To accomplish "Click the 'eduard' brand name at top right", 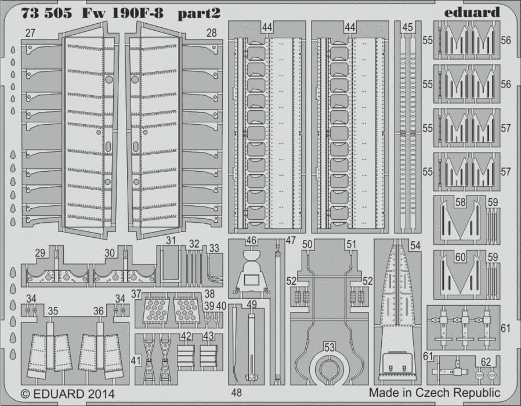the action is pyautogui.click(x=472, y=12).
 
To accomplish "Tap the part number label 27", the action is pyautogui.click(x=30, y=33).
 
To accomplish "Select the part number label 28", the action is pyautogui.click(x=211, y=33).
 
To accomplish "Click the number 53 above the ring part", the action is pyautogui.click(x=329, y=347).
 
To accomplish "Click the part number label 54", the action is pyautogui.click(x=415, y=245).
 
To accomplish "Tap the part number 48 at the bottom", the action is pyautogui.click(x=236, y=393).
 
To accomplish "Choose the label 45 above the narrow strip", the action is pyautogui.click(x=407, y=27).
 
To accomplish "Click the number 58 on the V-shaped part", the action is pyautogui.click(x=460, y=202).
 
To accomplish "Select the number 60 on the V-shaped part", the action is pyautogui.click(x=460, y=257).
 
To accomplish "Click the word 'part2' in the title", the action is pyautogui.click(x=198, y=13).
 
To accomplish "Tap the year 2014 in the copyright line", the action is pyautogui.click(x=102, y=394).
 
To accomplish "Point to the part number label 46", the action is pyautogui.click(x=251, y=240).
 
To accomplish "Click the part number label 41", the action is pyautogui.click(x=136, y=361).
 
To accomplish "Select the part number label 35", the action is pyautogui.click(x=53, y=311).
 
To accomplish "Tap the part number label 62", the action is pyautogui.click(x=486, y=362).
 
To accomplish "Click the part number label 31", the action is pyautogui.click(x=171, y=240).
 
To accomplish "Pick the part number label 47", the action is pyautogui.click(x=291, y=240).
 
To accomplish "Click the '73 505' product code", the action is pyautogui.click(x=46, y=13).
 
